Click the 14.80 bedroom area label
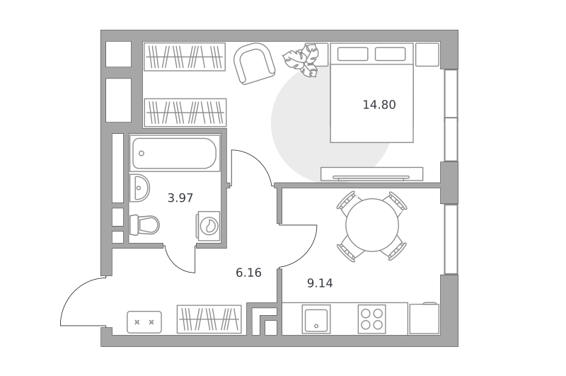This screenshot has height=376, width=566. click(x=379, y=105)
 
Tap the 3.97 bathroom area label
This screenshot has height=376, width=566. click(x=180, y=198)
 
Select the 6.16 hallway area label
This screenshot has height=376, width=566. click(x=248, y=273)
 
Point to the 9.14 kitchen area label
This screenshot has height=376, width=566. click(x=320, y=283)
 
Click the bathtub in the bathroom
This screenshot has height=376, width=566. click(x=174, y=153)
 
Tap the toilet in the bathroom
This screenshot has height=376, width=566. click(x=144, y=224)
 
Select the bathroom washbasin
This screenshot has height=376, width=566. click(x=139, y=188)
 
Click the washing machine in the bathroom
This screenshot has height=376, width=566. click(x=208, y=226)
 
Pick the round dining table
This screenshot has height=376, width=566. click(x=372, y=225)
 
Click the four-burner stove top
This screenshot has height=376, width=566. click(x=372, y=319)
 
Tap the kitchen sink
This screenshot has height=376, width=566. click(x=316, y=319)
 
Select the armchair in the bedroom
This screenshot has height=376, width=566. click(x=254, y=64)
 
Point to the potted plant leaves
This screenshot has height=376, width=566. click(x=301, y=59)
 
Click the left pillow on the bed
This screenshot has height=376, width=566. click(x=352, y=55)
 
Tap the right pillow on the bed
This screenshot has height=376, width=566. click(x=391, y=55)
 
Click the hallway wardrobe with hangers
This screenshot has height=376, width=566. click(x=209, y=319)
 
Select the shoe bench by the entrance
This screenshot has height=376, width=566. click(x=144, y=322)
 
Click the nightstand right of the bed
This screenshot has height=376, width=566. click(x=427, y=55)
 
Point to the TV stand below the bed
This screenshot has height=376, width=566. click(x=372, y=173)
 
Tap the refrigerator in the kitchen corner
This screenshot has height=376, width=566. click(x=424, y=319)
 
